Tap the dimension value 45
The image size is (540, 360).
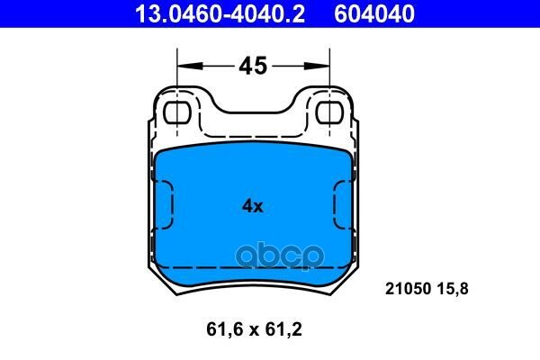click(253, 66)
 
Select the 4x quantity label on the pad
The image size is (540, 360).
click(253, 206)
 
